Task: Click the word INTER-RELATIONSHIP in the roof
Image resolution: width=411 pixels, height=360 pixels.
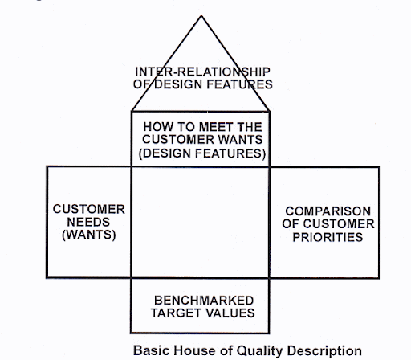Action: (202, 72)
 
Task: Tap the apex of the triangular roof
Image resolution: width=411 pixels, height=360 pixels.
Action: (201, 16)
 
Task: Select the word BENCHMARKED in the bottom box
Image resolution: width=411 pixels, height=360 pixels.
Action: (204, 301)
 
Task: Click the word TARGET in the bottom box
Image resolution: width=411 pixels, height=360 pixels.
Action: (173, 313)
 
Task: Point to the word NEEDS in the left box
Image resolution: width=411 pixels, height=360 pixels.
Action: (88, 222)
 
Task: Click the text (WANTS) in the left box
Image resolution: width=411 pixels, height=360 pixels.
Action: (89, 235)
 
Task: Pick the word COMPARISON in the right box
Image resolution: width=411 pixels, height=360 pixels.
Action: (328, 211)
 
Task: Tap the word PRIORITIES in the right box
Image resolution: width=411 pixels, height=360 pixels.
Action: (328, 237)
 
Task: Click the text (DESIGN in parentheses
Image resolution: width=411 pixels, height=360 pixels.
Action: (165, 153)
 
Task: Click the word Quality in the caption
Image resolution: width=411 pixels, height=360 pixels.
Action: (260, 351)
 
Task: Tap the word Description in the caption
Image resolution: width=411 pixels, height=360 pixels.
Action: (324, 351)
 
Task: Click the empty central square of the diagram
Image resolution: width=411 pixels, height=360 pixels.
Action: (200, 223)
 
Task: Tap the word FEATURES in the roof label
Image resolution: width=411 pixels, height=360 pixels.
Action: (239, 84)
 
